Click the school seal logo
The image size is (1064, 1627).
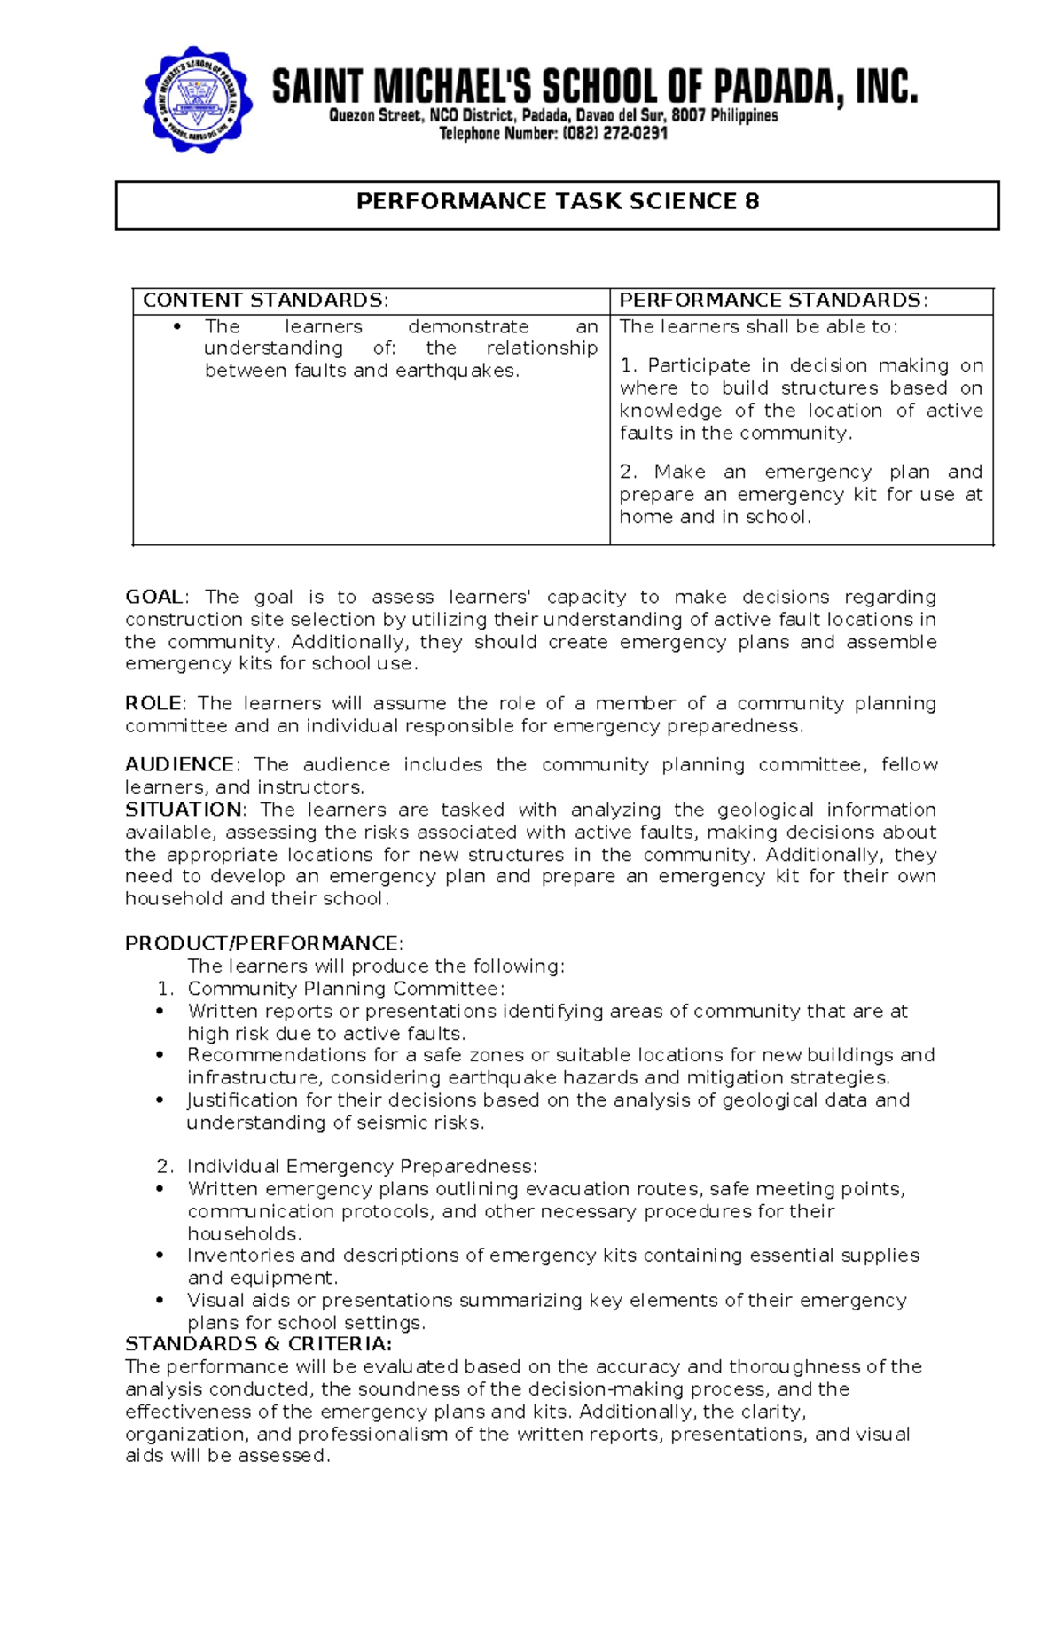coord(198,99)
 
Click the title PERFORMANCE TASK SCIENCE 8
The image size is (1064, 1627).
coord(557,202)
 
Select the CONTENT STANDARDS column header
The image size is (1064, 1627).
coord(265,301)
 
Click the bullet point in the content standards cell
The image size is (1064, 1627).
coord(177,327)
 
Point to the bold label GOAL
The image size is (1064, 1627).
coord(153,597)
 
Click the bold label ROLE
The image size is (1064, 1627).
coord(153,704)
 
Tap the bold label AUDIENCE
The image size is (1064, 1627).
coord(179,765)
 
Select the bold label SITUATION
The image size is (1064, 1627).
coord(183,810)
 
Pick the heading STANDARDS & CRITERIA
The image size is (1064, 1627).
coord(258,1344)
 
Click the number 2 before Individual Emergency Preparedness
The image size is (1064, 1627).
coord(164,1167)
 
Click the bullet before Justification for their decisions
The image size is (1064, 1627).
coord(160,1100)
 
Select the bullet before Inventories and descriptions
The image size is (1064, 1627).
coord(160,1255)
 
